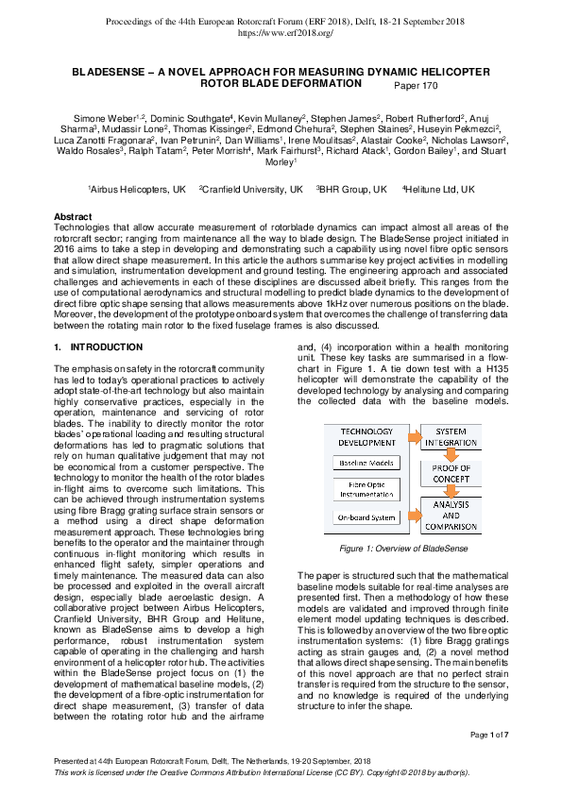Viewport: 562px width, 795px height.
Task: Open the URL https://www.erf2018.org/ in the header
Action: click(281, 32)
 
